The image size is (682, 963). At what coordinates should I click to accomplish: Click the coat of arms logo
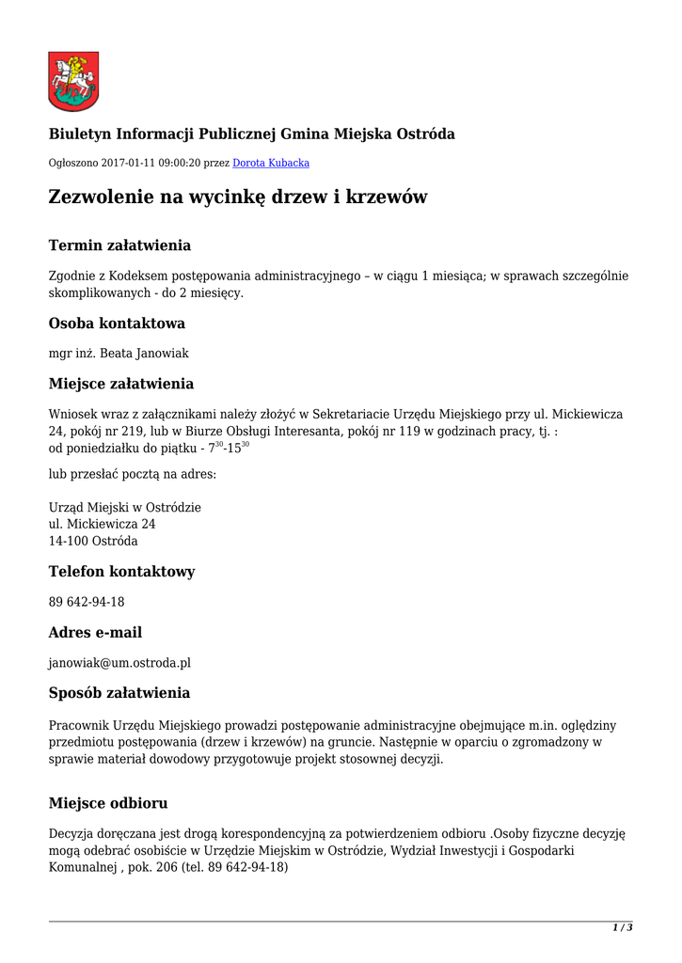pos(73,82)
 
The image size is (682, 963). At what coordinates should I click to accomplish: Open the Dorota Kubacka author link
pos(271,163)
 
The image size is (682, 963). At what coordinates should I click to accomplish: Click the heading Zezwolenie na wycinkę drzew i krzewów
pos(238,197)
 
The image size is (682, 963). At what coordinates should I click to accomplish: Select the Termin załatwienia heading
pos(119,245)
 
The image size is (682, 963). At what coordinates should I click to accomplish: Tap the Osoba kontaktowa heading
pos(117,324)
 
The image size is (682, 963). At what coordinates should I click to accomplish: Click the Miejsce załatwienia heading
pos(121,384)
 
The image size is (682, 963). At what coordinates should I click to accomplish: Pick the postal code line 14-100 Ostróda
pos(93,541)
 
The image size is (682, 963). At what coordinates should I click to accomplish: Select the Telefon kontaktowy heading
pos(121,572)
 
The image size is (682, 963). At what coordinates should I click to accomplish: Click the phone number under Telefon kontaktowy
pos(87,602)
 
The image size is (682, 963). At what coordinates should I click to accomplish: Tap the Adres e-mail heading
pos(95,632)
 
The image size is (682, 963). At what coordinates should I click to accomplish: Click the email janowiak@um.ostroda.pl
pos(119,662)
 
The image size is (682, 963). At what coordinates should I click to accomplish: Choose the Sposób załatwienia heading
pos(119,693)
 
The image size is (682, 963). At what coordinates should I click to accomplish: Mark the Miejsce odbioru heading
pos(108,803)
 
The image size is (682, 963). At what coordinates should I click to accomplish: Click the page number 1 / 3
pos(622,928)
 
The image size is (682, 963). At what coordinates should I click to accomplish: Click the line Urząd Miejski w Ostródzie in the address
pos(125,507)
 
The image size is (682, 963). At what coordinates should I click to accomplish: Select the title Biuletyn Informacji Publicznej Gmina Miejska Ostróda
pos(252,134)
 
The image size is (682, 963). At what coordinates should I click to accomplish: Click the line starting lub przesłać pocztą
pos(133,474)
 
